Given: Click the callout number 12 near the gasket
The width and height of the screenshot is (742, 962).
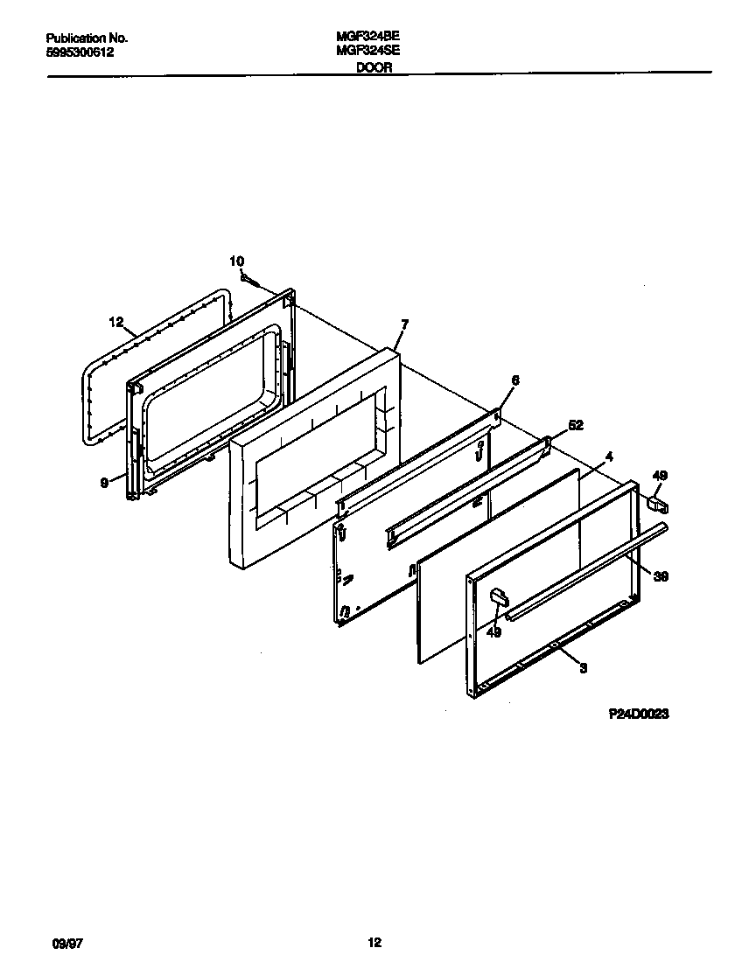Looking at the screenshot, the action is pyautogui.click(x=117, y=322).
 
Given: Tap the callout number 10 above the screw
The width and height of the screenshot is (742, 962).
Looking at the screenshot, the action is pyautogui.click(x=236, y=261).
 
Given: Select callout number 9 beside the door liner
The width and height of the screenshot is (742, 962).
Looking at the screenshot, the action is pyautogui.click(x=104, y=481).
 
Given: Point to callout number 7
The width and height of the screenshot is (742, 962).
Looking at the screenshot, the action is pyautogui.click(x=404, y=324).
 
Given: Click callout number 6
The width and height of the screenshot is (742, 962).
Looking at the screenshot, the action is pyautogui.click(x=514, y=380).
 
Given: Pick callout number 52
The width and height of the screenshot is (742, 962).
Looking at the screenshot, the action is pyautogui.click(x=576, y=425).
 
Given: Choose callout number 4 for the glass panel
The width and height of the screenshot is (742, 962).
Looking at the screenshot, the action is pyautogui.click(x=609, y=456).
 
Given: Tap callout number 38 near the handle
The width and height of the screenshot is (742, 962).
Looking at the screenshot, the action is pyautogui.click(x=661, y=576).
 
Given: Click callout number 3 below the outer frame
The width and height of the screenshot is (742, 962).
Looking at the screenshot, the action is pyautogui.click(x=583, y=668).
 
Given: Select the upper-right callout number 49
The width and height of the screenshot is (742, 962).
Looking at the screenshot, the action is pyautogui.click(x=660, y=475).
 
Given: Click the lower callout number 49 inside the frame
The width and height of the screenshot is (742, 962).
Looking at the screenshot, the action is pyautogui.click(x=493, y=632).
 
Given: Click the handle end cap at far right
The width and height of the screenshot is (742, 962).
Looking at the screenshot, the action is pyautogui.click(x=659, y=504).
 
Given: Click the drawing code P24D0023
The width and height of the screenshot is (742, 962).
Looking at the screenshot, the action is pyautogui.click(x=639, y=714).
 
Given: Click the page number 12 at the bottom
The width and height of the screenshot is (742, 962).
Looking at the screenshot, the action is pyautogui.click(x=374, y=943).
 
